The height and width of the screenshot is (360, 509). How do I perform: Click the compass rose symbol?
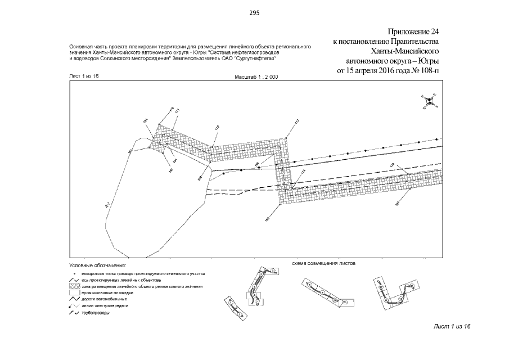click(x=429, y=101)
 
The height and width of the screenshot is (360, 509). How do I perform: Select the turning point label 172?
click(x=217, y=129)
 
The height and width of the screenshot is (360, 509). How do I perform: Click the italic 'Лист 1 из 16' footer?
click(x=452, y=327)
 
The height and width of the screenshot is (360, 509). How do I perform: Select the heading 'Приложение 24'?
click(x=413, y=30)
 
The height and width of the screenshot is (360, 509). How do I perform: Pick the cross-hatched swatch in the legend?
click(x=74, y=286)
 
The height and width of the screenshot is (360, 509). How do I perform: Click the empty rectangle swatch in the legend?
click(x=74, y=293)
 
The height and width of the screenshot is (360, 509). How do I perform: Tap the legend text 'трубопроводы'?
click(x=95, y=313)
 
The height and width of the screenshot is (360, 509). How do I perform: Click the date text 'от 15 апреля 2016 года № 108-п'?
click(x=388, y=71)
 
